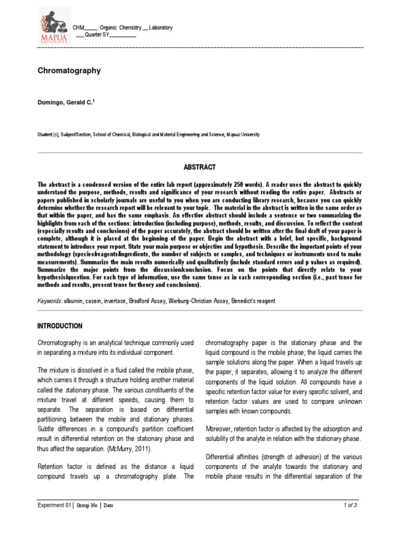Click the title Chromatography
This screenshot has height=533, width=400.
[69, 70]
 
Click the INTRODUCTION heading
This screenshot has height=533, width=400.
[60, 326]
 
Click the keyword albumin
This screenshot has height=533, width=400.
[76, 301]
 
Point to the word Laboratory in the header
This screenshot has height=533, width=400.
[160, 28]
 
